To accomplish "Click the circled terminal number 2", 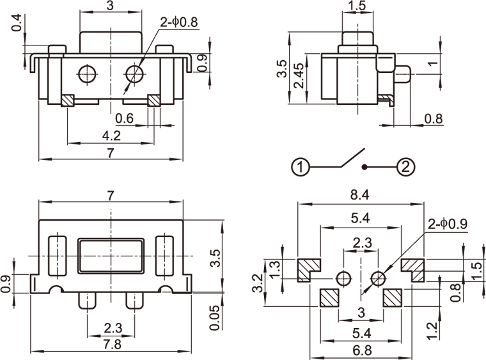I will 405,168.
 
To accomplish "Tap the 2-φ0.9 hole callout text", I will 448,224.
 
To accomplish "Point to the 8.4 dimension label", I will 361,195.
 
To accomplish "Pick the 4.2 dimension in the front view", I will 111,135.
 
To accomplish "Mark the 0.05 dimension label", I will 215,317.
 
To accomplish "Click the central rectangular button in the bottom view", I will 111,256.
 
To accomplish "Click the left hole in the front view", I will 87,74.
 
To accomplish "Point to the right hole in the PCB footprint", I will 378,278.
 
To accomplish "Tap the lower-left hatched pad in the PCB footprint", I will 328,297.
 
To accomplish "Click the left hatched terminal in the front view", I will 68,100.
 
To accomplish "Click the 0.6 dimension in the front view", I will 124,118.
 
